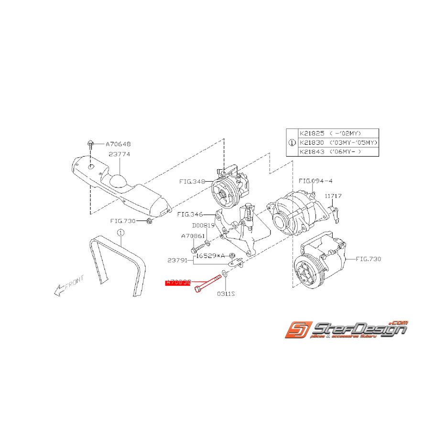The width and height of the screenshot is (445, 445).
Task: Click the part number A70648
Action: [x=118, y=143]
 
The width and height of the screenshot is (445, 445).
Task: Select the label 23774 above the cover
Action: [x=119, y=154]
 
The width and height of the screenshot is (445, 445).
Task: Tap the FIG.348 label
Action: [x=192, y=182]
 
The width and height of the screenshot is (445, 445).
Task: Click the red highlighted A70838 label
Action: [x=178, y=283]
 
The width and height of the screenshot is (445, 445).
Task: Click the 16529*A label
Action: [x=210, y=256]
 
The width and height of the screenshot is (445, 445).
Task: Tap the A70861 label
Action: [x=193, y=236]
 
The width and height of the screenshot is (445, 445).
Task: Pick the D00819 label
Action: [x=204, y=225]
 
